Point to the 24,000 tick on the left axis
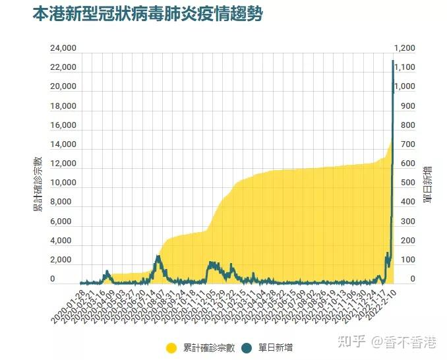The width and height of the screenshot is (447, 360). pos(63,48)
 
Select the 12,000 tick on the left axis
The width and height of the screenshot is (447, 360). pos(63,164)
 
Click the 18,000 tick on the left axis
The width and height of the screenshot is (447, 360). pos(63,106)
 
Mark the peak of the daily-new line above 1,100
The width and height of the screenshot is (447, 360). pos(393,61)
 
